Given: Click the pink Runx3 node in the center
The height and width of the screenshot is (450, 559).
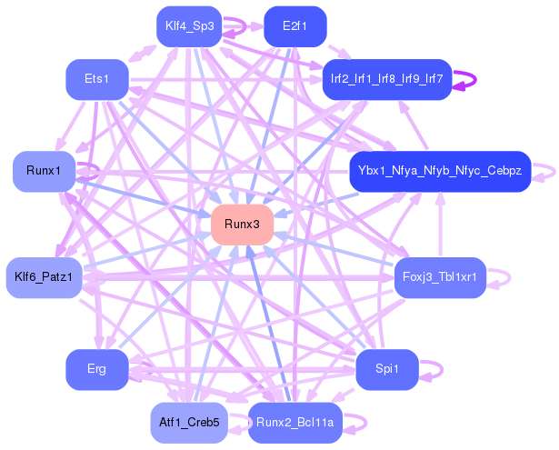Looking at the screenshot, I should (242, 225).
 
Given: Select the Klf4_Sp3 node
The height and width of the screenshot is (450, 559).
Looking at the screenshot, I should (189, 25).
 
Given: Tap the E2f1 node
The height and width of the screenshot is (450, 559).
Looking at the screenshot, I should (294, 25).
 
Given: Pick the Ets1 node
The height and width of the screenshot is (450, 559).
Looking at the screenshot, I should (96, 80).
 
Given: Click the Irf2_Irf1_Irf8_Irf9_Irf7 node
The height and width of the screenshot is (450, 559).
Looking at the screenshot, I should (386, 79).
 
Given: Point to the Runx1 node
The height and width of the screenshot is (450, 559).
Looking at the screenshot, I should (44, 172).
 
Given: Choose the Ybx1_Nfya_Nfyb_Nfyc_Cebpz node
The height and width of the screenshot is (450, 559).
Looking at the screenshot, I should (439, 171).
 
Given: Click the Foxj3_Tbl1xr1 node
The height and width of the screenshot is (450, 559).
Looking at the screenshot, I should (440, 276).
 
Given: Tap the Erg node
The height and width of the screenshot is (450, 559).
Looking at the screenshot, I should (96, 369).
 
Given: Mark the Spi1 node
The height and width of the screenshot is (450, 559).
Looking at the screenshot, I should (386, 369).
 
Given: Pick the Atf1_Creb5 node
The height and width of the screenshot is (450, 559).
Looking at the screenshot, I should (188, 423).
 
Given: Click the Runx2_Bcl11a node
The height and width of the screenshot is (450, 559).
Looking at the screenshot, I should (294, 423).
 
